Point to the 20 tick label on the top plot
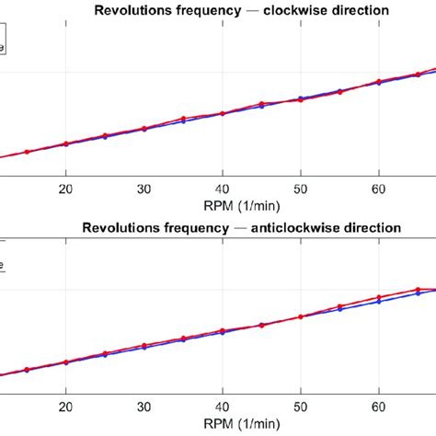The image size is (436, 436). tap(65, 188)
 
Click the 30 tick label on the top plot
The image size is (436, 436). tap(143, 188)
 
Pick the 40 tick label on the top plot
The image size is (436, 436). tap(222, 188)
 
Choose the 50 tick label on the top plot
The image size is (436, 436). tap(300, 188)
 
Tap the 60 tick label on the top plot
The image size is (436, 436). tap(378, 188)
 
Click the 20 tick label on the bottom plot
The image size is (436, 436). tap(65, 405)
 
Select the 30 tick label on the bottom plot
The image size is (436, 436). tap(143, 405)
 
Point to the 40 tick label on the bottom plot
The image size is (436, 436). tap(222, 405)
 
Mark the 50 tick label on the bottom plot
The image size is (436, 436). tap(300, 405)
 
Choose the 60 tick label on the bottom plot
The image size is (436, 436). tap(378, 405)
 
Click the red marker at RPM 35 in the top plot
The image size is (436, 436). tap(183, 119)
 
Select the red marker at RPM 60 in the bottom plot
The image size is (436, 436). tap(378, 297)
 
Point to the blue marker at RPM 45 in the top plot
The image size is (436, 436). tap(261, 107)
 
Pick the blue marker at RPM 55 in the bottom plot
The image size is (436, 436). tap(339, 310)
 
